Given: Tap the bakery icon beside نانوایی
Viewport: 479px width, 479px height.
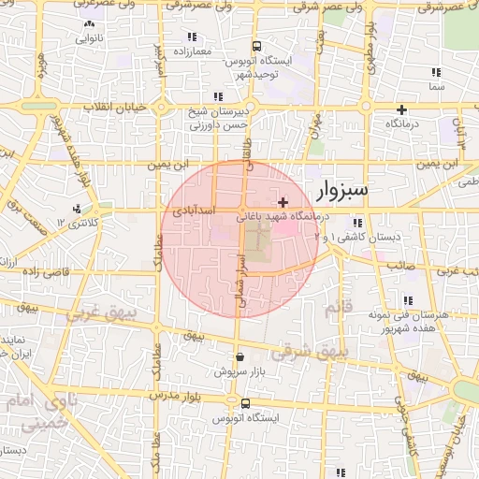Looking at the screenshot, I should [89, 24].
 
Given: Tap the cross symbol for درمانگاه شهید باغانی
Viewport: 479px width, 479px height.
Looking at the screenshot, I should [283, 202].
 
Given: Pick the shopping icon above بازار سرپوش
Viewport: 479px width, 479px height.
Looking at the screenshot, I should [239, 357].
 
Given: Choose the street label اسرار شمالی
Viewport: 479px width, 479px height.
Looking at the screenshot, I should [240, 275].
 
